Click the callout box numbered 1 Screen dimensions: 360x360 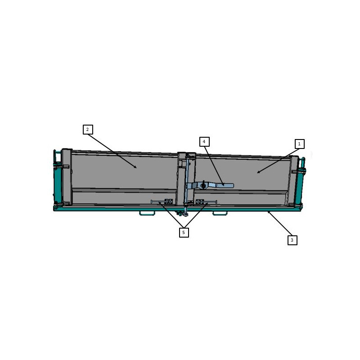299,144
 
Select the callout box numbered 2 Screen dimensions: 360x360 88,130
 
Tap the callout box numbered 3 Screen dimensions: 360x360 292,240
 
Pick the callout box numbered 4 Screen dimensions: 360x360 204,142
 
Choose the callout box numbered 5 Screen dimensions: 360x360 184,233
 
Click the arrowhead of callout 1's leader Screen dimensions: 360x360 257,173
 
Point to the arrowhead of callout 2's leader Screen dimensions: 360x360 136,167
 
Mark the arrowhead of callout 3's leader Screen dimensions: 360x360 268,212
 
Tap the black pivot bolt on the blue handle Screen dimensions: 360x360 203,185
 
